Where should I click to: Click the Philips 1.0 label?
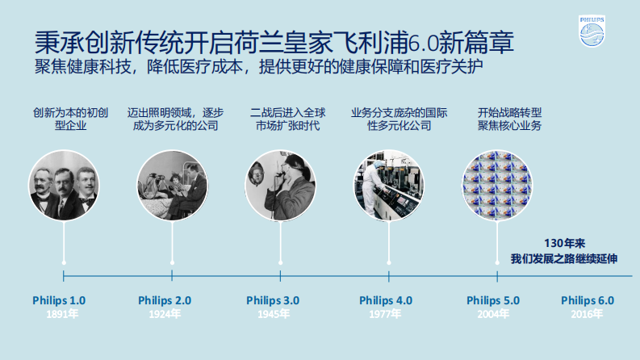(59, 300)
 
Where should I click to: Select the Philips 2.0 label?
(165, 300)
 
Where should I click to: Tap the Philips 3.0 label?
(273, 300)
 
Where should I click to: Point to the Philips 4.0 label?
(386, 300)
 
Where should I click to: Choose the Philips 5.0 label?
(493, 300)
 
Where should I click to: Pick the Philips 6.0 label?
(588, 300)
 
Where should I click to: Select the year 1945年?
(273, 315)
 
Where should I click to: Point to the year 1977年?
(386, 315)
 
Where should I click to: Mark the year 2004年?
(493, 315)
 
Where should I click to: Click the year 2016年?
(588, 315)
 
